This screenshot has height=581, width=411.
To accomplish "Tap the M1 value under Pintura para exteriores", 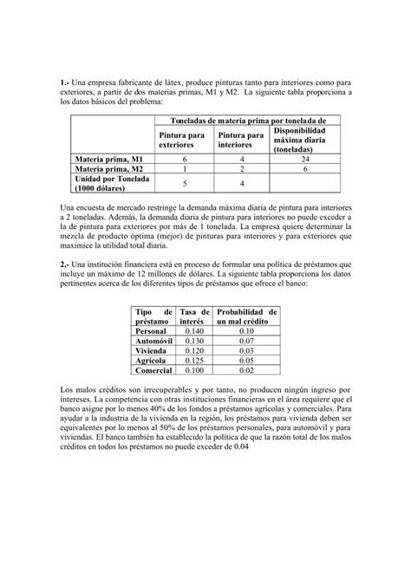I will [x=185, y=160].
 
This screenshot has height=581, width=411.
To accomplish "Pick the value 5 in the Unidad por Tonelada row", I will [x=185, y=184].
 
